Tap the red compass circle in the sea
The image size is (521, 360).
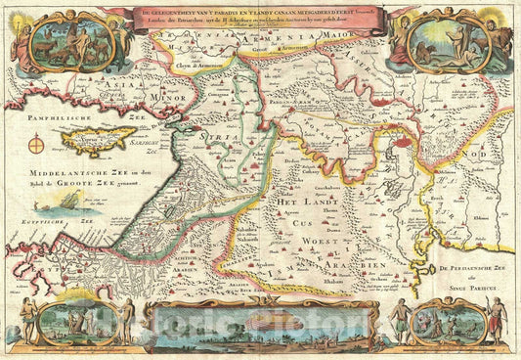38,147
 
